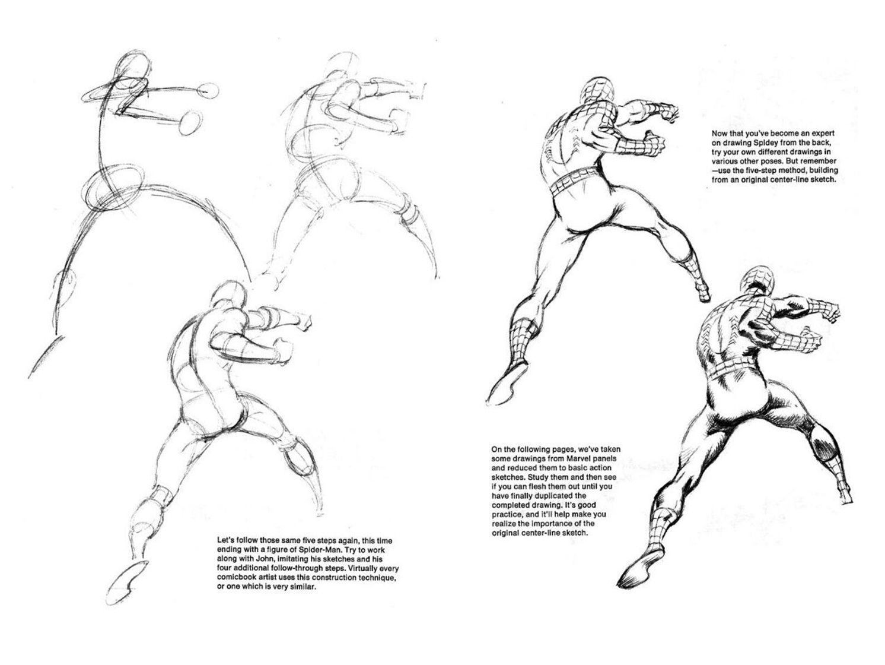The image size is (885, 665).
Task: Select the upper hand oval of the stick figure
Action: click(208, 91)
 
